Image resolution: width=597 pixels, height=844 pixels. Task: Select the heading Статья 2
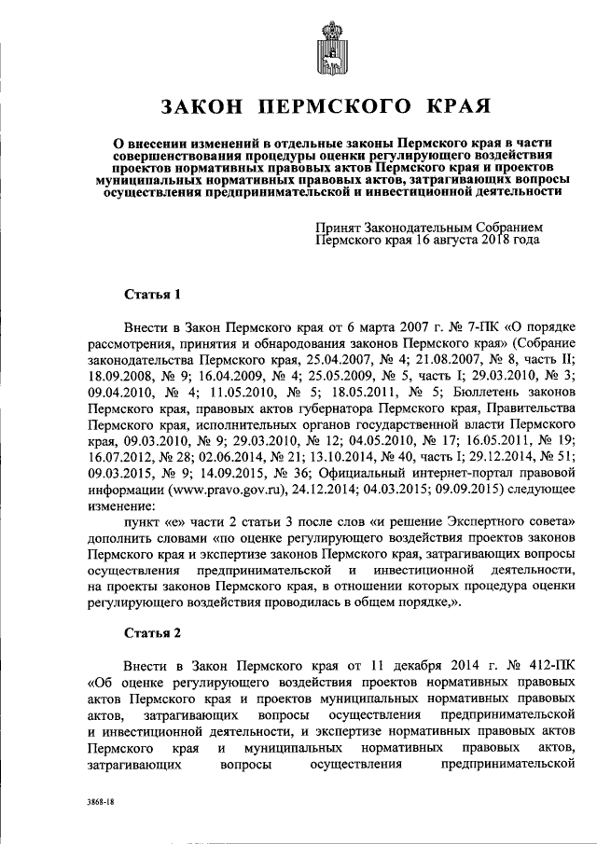coord(152,633)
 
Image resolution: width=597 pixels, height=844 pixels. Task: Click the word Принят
coord(340,226)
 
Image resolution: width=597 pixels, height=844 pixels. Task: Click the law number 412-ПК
coord(542,667)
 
